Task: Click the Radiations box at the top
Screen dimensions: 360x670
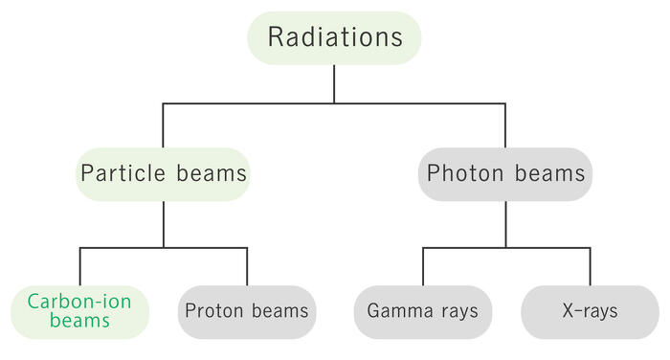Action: pos(334,38)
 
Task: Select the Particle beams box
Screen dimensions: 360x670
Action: pos(164,174)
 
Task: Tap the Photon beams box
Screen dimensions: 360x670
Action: pos(505,174)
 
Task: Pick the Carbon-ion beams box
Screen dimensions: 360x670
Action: pos(79,312)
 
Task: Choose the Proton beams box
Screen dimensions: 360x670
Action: pos(247,312)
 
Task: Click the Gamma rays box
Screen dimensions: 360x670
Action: pos(423,312)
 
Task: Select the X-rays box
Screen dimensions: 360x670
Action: pos(591,312)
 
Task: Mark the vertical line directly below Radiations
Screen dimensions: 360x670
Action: pos(334,84)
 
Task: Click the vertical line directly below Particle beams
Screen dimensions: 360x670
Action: pos(164,224)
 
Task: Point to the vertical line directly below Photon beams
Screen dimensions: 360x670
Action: pos(505,224)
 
